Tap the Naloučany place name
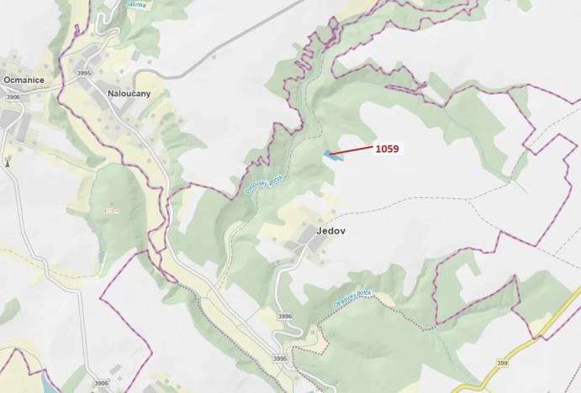click(129, 92)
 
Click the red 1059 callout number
click(387, 149)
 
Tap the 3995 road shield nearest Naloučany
click(83, 74)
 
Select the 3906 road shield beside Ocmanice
click(13, 97)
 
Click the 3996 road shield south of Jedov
click(284, 317)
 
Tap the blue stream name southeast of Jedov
click(352, 301)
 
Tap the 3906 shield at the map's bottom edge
click(101, 383)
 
